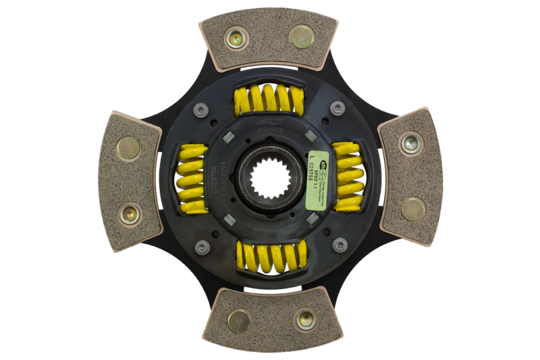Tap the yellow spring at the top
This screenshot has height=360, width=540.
(x=269, y=101)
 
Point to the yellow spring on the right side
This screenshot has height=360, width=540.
(x=348, y=178)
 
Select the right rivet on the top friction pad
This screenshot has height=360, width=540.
(x=301, y=36)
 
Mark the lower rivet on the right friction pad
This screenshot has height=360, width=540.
(x=413, y=209)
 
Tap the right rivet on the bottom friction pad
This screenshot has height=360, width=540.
(x=306, y=319)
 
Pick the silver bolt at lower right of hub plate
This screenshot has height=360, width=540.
(x=340, y=245)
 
